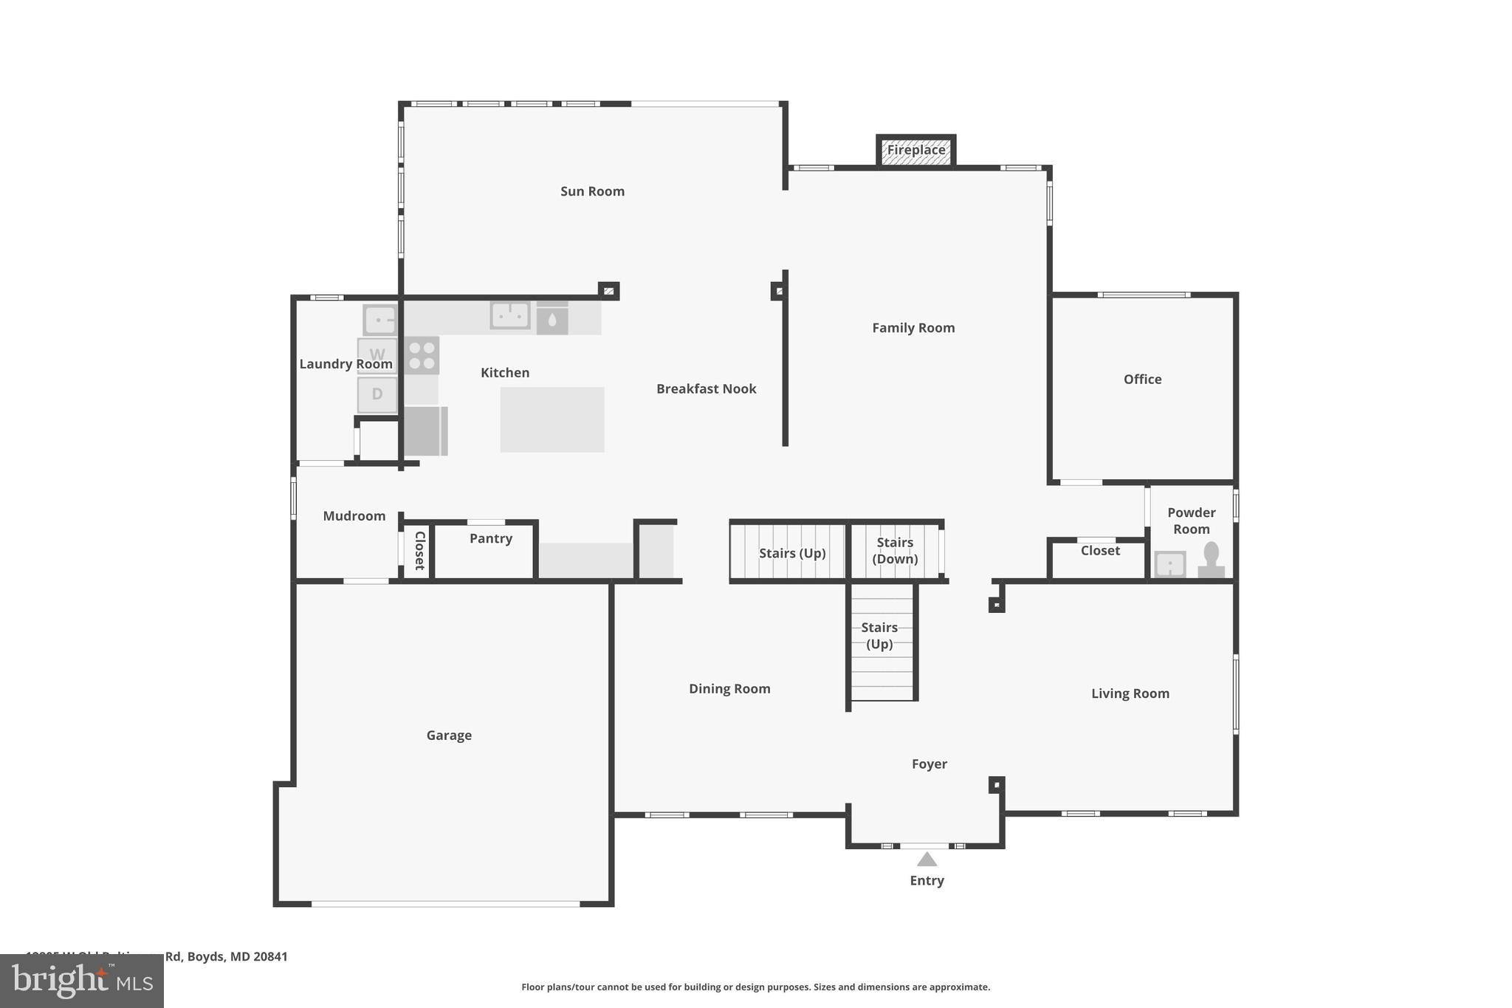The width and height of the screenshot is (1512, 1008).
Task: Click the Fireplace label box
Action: (915, 150)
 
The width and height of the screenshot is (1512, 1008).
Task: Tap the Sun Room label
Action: (592, 191)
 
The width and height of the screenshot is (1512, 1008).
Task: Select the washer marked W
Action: (377, 354)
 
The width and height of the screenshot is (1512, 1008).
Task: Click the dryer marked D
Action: (377, 394)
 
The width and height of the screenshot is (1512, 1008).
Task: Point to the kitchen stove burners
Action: (422, 355)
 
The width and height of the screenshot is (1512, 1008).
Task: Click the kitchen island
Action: (552, 419)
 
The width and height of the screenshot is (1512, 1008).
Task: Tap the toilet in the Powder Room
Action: (1211, 560)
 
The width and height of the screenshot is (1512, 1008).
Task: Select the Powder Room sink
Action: (1170, 565)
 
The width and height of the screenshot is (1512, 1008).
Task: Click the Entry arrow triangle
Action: (927, 859)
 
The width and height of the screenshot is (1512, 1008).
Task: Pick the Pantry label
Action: (491, 538)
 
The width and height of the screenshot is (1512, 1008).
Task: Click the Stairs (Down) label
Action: (895, 551)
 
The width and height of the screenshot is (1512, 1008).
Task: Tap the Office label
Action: (1142, 380)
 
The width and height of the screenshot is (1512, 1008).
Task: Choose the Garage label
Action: (449, 736)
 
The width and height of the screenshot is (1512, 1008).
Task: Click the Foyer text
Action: (929, 764)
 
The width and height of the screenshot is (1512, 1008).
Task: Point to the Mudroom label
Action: (354, 516)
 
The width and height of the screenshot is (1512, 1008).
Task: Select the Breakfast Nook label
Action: (706, 389)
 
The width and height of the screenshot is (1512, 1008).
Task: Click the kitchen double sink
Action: (510, 315)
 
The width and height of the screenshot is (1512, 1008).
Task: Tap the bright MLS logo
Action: (82, 981)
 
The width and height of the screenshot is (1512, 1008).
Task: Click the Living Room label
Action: (1130, 693)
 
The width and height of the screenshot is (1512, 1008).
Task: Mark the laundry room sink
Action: (380, 320)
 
